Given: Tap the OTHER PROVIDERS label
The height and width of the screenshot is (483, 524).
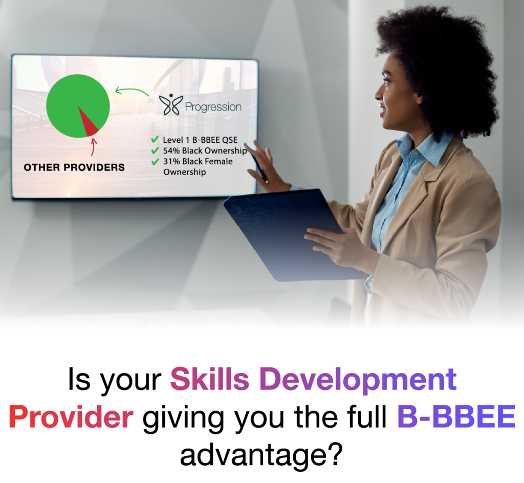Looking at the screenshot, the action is click(74, 167).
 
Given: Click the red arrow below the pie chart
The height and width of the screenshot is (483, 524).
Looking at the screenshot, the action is click(94, 147).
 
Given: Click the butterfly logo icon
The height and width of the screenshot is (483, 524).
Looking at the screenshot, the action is click(171, 104).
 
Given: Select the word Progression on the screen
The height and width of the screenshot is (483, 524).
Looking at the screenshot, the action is click(213, 107).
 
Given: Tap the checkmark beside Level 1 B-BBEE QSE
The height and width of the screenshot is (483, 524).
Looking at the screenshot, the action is click(155, 139).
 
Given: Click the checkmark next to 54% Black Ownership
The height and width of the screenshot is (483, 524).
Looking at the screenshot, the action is click(155, 150).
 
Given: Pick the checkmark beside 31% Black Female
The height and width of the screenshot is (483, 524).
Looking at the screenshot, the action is click(155, 162).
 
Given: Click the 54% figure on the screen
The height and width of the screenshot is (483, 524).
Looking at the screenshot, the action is click(171, 150).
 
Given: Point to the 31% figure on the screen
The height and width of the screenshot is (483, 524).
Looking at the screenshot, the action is click(171, 161).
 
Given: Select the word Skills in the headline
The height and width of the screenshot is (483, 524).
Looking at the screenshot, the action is click(209, 379).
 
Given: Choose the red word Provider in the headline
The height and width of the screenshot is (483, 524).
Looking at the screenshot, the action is click(71, 417).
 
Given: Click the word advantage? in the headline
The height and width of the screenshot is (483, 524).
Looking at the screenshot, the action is click(261, 455).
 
